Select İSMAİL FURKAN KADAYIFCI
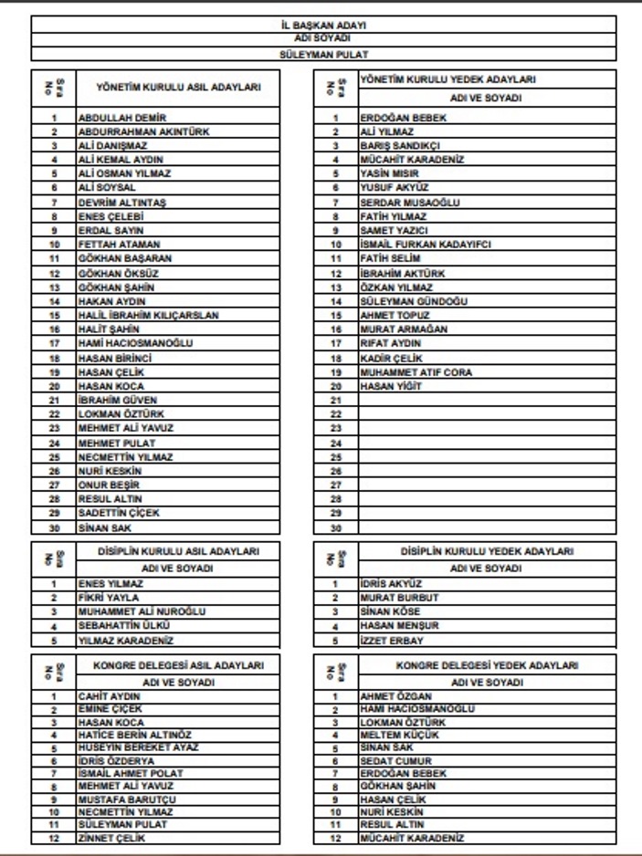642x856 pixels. coord(423,245)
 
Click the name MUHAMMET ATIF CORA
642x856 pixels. coord(414,371)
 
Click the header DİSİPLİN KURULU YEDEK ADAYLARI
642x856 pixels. coord(486,551)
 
